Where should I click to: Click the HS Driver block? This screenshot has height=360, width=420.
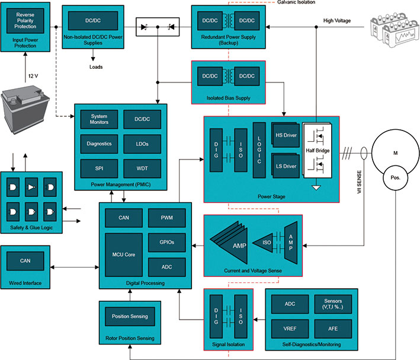click(x=286, y=135)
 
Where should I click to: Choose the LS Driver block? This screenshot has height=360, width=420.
click(x=286, y=166)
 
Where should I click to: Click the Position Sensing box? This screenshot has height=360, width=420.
click(x=130, y=316)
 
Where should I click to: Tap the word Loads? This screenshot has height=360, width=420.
click(x=96, y=67)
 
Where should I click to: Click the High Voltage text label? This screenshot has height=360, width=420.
click(x=337, y=21)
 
